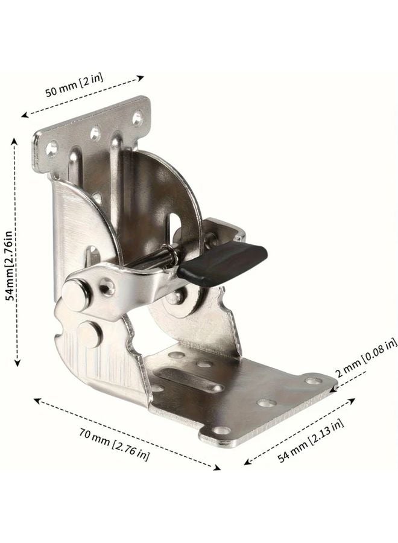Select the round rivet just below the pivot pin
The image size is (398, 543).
click(x=89, y=334)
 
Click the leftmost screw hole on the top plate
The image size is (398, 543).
click(x=52, y=146)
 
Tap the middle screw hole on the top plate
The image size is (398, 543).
click(x=95, y=132)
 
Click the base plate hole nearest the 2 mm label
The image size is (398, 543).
click(x=314, y=381)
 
